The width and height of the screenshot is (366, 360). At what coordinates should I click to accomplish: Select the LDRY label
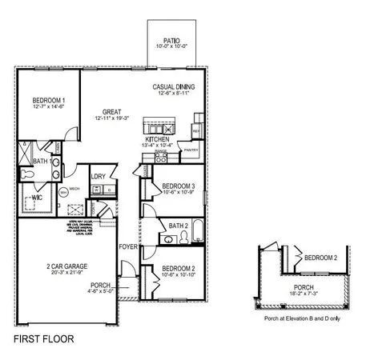tap(99, 177)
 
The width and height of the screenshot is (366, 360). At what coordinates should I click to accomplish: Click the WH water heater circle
tap(63, 192)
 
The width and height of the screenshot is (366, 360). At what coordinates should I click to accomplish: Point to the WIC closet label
tap(37, 197)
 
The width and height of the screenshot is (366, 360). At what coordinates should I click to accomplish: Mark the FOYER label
tap(128, 246)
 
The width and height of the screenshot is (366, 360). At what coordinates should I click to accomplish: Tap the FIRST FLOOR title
tap(44, 338)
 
